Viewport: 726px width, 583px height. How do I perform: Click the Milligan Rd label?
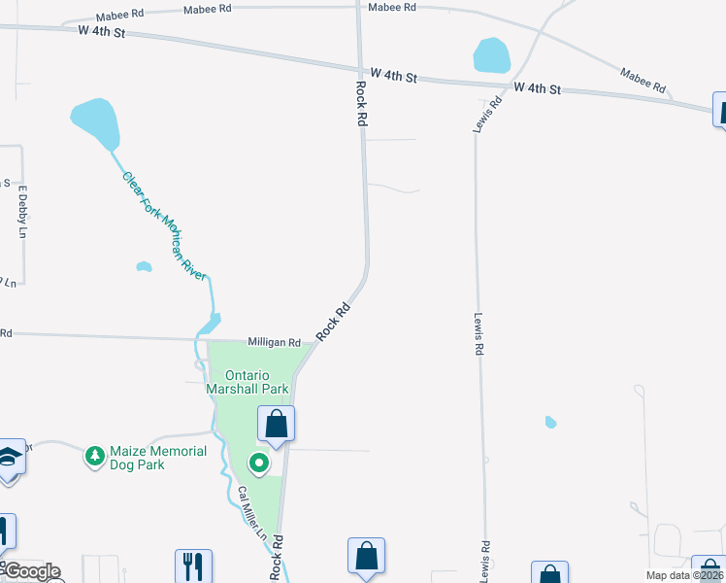(274, 342)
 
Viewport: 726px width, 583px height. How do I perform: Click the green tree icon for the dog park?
(94, 455)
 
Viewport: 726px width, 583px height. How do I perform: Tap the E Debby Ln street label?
(22, 212)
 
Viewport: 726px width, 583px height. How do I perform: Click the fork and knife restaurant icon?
(194, 566)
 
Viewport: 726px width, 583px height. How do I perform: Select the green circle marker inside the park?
(259, 463)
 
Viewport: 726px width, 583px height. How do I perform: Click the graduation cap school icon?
(9, 456)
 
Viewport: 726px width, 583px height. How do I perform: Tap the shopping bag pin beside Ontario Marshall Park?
(276, 424)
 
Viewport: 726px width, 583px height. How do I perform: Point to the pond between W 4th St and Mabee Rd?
(492, 55)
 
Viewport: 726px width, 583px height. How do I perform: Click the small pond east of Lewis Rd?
(551, 422)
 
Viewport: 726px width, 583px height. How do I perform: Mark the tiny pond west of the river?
(144, 266)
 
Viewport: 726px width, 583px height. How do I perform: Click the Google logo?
(31, 572)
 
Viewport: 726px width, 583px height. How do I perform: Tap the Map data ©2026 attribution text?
(685, 575)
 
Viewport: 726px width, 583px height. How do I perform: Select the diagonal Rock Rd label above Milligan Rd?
(332, 322)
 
